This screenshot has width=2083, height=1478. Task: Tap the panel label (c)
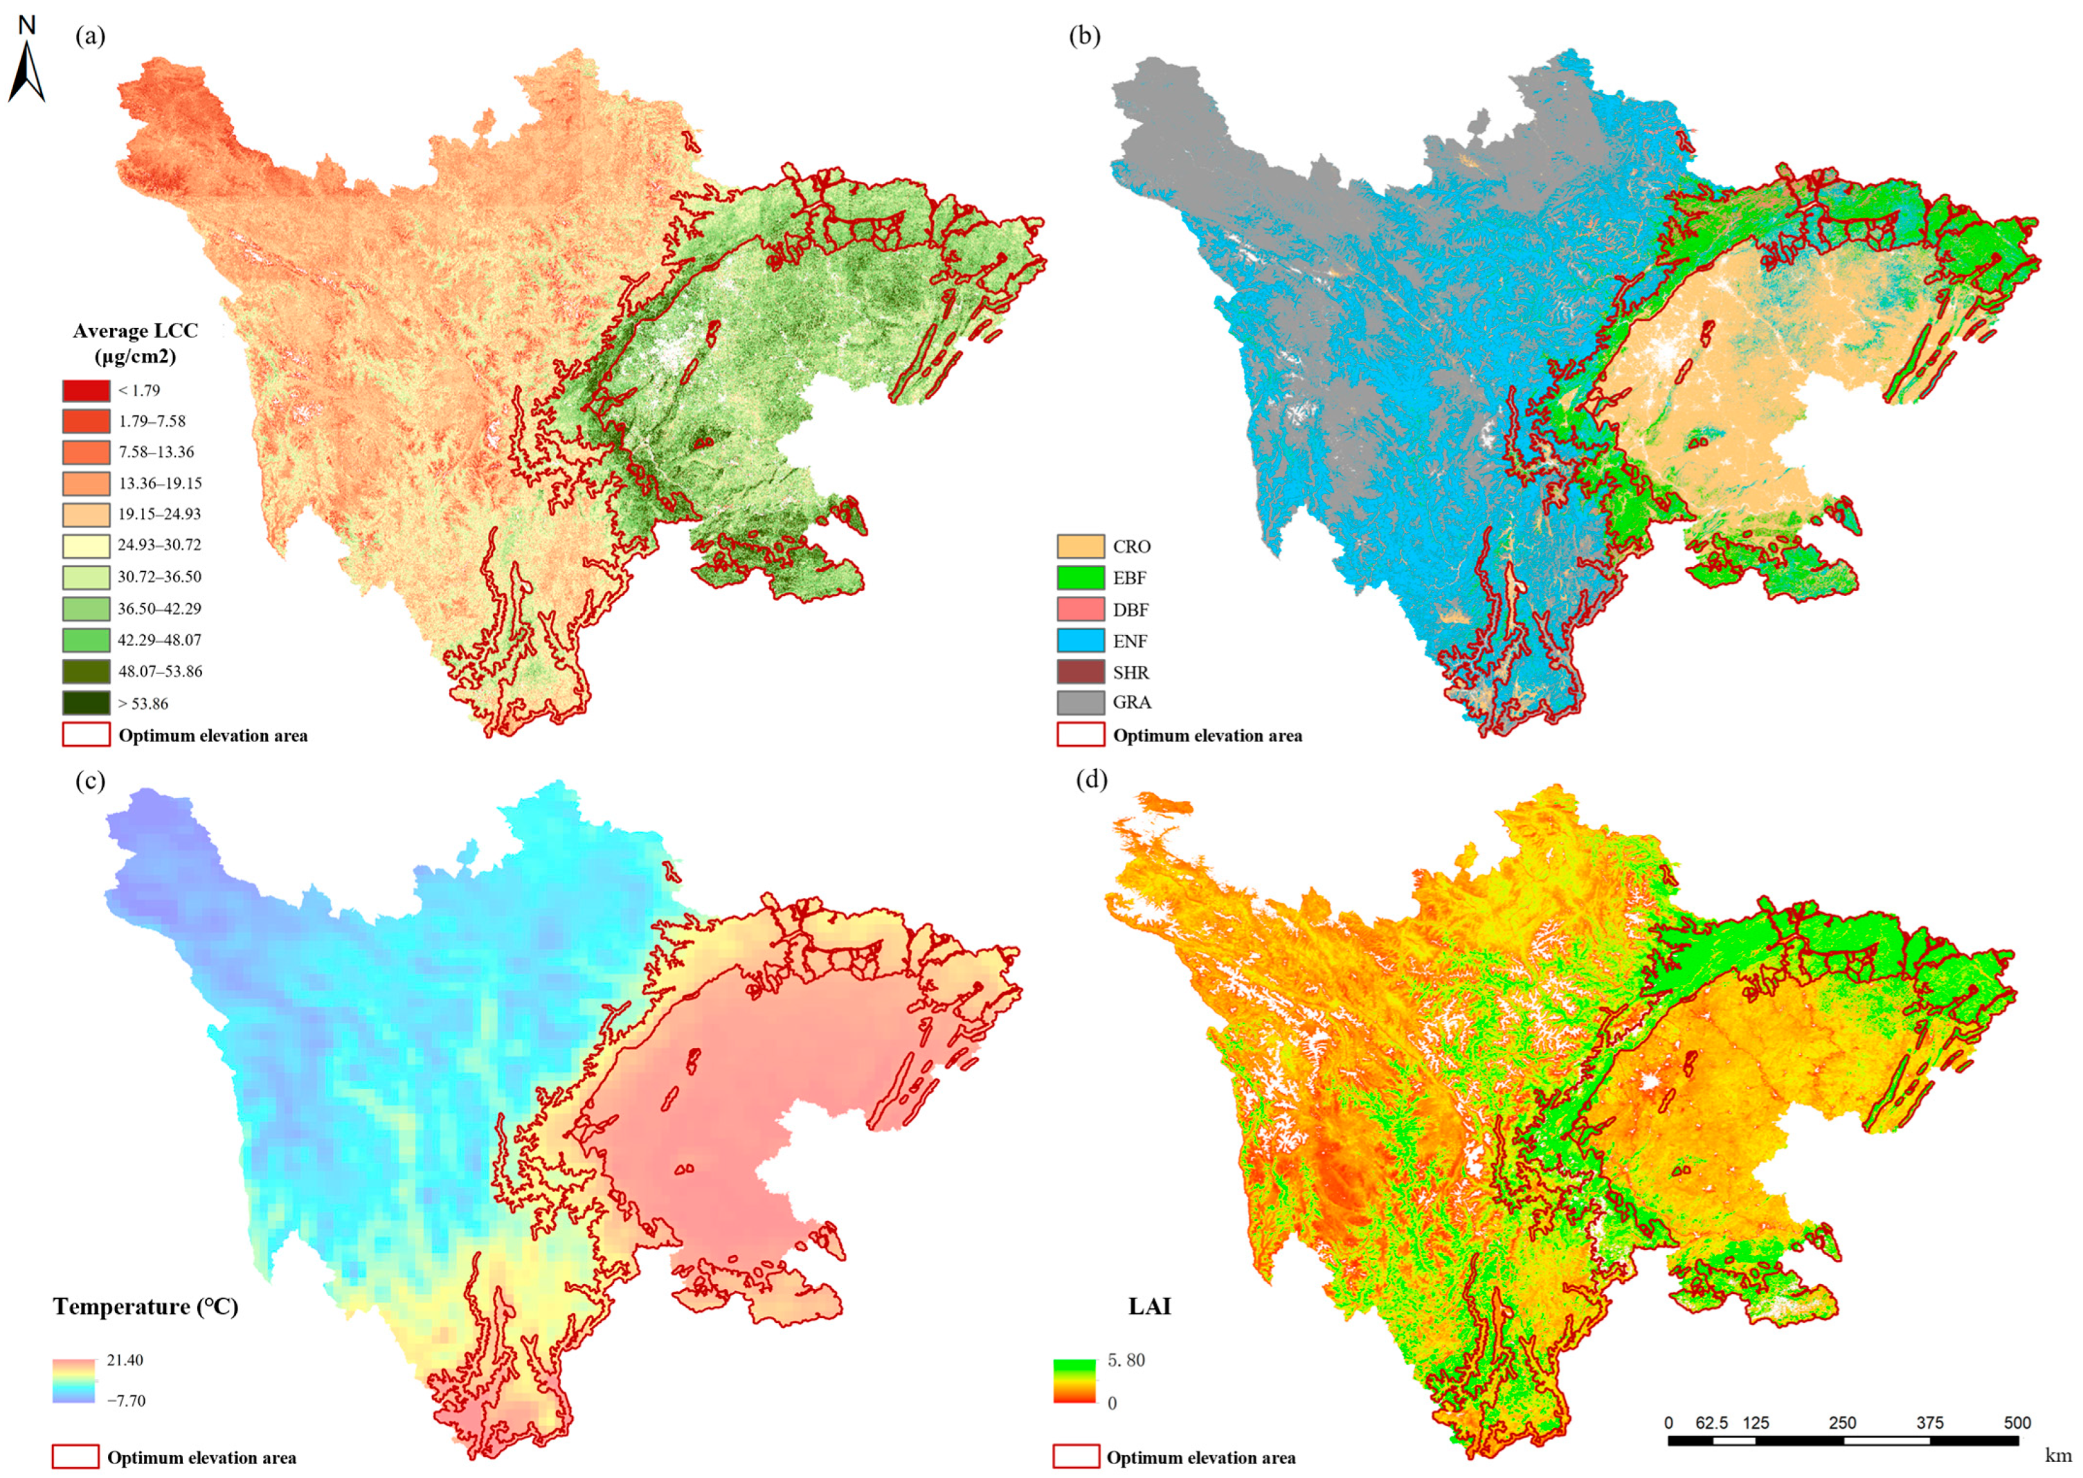90,781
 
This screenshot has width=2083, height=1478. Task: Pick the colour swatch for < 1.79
87,390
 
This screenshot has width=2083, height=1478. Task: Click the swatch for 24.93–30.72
87,545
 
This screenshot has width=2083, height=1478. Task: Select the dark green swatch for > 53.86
87,703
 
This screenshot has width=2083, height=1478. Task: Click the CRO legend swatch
1080,546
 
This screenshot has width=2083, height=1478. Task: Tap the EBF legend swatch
1080,578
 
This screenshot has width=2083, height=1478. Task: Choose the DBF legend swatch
1080,609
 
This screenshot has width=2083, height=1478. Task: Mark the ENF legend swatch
1080,641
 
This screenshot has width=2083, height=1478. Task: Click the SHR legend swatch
1080,672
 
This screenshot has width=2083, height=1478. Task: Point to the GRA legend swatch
1080,703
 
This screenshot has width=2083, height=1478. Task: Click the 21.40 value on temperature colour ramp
125,1360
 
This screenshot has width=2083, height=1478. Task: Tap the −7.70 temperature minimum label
125,1400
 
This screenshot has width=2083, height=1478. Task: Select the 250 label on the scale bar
1842,1423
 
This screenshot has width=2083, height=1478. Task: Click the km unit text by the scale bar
2057,1455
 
